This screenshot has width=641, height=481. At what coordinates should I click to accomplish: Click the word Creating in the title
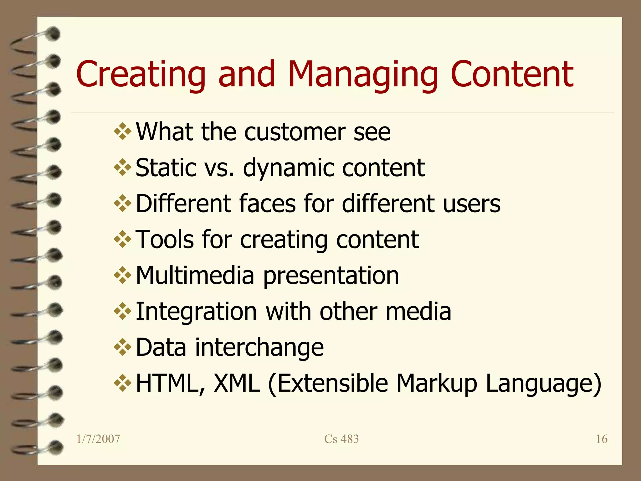tap(141, 74)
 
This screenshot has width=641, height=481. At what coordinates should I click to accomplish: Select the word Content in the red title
tap(512, 74)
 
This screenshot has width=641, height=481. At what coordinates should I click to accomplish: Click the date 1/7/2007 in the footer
tap(98, 439)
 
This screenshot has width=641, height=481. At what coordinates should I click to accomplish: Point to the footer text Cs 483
tap(341, 439)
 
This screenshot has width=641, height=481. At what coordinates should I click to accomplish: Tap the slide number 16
tap(601, 439)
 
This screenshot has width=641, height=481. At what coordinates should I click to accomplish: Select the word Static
tap(166, 168)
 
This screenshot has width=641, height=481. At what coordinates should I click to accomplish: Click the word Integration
tap(196, 312)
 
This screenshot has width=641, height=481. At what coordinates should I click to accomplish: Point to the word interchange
tap(259, 348)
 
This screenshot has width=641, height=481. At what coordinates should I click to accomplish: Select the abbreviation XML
tap(236, 383)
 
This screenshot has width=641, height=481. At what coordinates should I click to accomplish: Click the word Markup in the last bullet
tap(437, 384)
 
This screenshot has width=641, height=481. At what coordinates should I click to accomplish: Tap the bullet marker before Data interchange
tap(122, 347)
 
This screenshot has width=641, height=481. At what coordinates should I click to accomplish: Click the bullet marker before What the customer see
tap(122, 132)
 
